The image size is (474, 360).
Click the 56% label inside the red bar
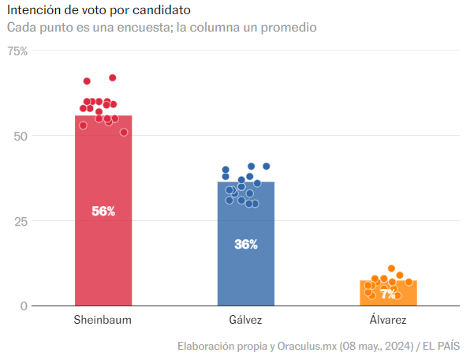pyautogui.click(x=103, y=211)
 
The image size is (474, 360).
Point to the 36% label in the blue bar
pyautogui.click(x=246, y=244)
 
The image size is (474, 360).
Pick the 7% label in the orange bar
pyautogui.click(x=388, y=294)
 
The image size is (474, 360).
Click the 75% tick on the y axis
pyautogui.click(x=17, y=51)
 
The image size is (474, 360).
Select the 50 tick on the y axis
pyautogui.click(x=21, y=136)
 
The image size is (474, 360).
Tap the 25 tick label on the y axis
pyautogui.click(x=21, y=221)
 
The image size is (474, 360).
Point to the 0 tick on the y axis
pyautogui.click(x=24, y=306)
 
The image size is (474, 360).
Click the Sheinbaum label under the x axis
pyautogui.click(x=103, y=321)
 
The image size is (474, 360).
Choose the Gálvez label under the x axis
pyautogui.click(x=246, y=321)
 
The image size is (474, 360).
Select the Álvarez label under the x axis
pyautogui.click(x=388, y=321)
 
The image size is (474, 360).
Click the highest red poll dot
pyautogui.click(x=113, y=78)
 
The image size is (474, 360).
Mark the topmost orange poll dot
pyautogui.click(x=391, y=269)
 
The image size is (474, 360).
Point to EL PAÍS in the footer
pyautogui.click(x=442, y=346)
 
